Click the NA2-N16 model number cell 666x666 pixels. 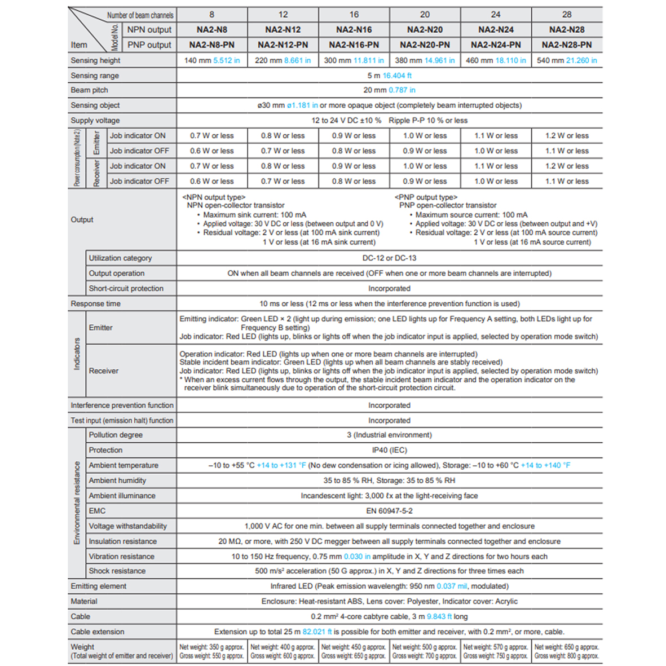pyautogui.click(x=354, y=30)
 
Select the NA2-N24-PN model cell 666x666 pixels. pyautogui.click(x=496, y=45)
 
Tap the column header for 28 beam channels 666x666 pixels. pyautogui.click(x=567, y=15)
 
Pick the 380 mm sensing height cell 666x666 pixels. pyautogui.click(x=425, y=60)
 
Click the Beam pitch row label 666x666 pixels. pyautogui.click(x=89, y=90)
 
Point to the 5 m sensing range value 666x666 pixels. pyautogui.click(x=389, y=76)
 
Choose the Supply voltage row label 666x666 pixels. pyautogui.click(x=95, y=121)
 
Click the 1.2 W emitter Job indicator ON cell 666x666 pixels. pyautogui.click(x=567, y=136)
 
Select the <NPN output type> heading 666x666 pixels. pyautogui.click(x=214, y=197)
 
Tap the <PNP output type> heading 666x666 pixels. pyautogui.click(x=426, y=197)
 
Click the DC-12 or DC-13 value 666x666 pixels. pyautogui.click(x=389, y=258)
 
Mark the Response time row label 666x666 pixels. pyautogui.click(x=95, y=304)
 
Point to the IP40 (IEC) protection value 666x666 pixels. pyautogui.click(x=389, y=451)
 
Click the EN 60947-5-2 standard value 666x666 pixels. pyautogui.click(x=389, y=511)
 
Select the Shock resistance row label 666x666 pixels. pyautogui.click(x=117, y=571)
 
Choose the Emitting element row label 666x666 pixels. pyautogui.click(x=98, y=586)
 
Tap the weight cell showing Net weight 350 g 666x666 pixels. pyautogui.click(x=211, y=651)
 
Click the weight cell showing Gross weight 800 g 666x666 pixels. pyautogui.click(x=567, y=651)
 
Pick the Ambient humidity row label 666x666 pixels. pyautogui.click(x=117, y=480)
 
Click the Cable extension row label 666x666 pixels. pyautogui.click(x=97, y=632)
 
